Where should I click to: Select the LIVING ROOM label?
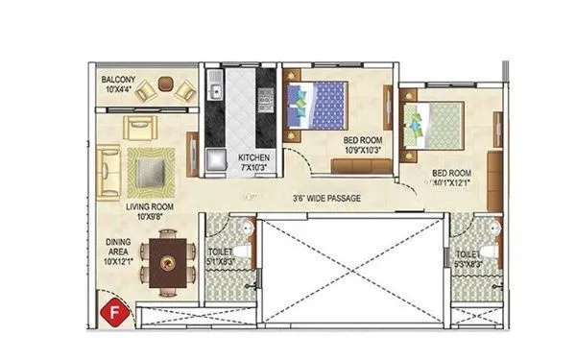pyautogui.click(x=148, y=205)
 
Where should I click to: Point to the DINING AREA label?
pyautogui.click(x=118, y=249)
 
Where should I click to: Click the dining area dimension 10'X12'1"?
pyautogui.click(x=118, y=260)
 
